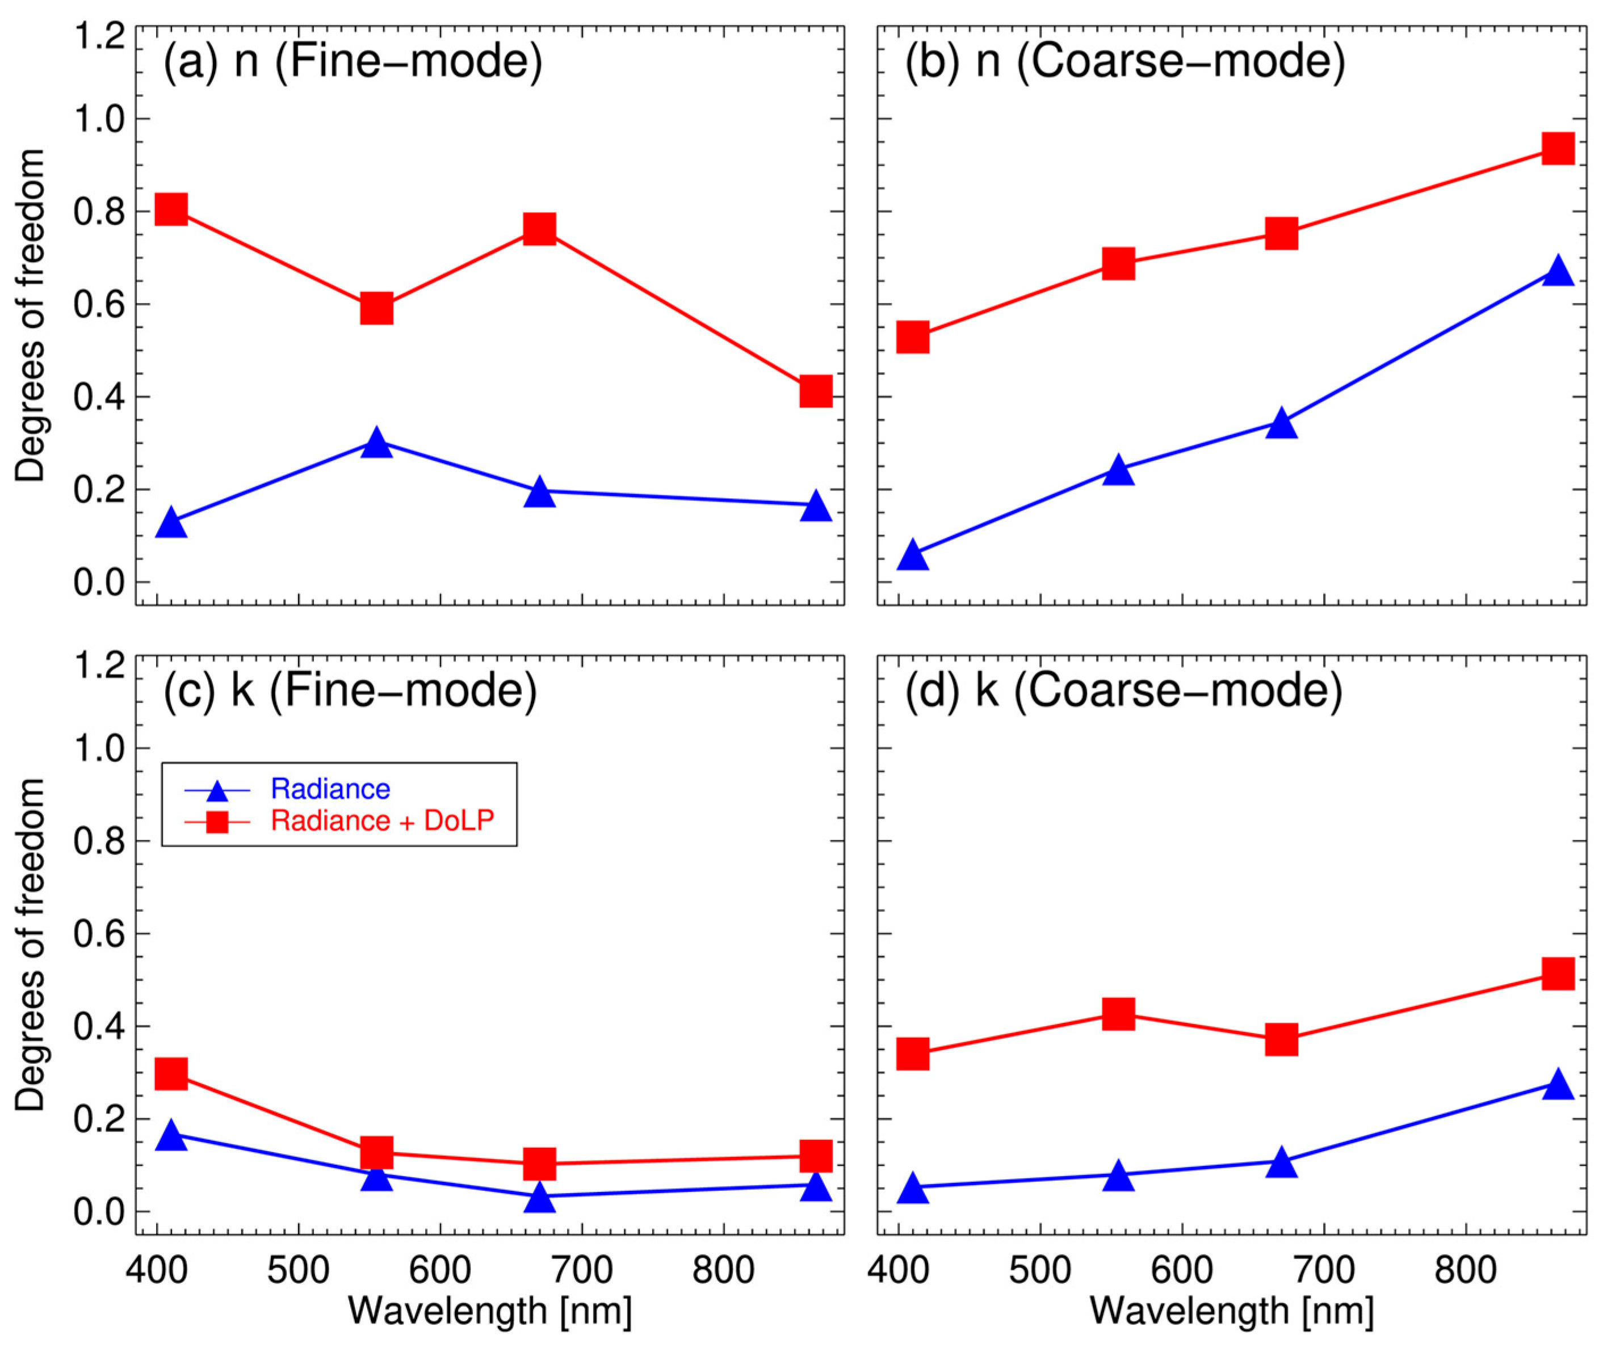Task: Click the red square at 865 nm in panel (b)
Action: tap(1558, 148)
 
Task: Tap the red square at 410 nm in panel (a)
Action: tap(171, 209)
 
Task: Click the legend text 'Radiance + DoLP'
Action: tap(383, 821)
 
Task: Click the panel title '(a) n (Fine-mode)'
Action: tap(353, 61)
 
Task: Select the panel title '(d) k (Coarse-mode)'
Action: tap(1124, 690)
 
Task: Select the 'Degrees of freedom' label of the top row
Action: tap(31, 316)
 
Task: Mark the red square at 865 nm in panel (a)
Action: tap(816, 391)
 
